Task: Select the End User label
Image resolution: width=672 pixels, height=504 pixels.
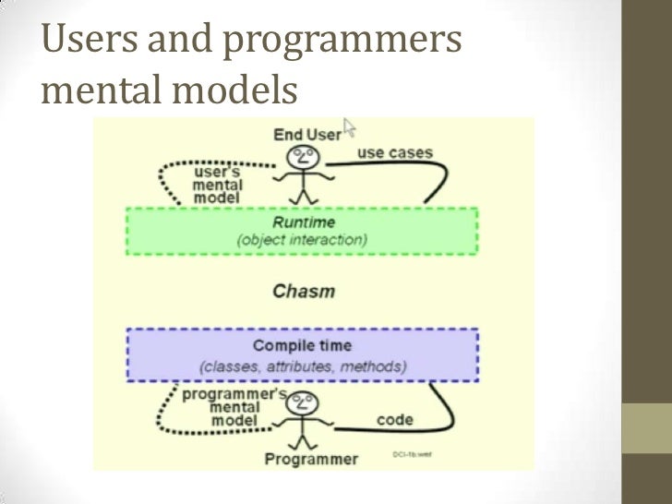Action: click(306, 135)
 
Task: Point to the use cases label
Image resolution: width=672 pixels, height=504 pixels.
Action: click(394, 152)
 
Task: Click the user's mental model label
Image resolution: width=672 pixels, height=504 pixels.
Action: click(218, 185)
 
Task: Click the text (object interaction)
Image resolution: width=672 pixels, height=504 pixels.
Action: click(303, 240)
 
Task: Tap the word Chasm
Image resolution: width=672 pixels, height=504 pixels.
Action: click(304, 292)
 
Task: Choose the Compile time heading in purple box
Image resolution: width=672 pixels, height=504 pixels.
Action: click(302, 346)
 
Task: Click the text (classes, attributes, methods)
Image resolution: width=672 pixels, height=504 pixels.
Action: click(303, 366)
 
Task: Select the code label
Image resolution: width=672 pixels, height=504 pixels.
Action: click(394, 420)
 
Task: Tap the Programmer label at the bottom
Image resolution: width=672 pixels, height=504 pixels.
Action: click(311, 459)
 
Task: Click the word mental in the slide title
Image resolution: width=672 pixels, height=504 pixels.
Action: click(101, 92)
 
